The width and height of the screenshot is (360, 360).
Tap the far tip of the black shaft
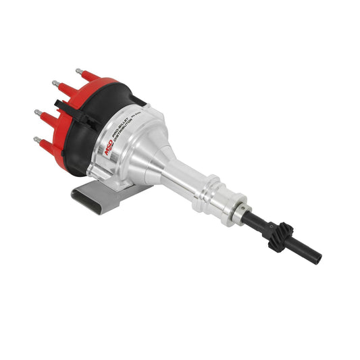coord(317,259)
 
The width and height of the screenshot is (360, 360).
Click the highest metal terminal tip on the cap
coord(78,70)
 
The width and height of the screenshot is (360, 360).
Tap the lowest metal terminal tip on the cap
coord(36,140)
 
